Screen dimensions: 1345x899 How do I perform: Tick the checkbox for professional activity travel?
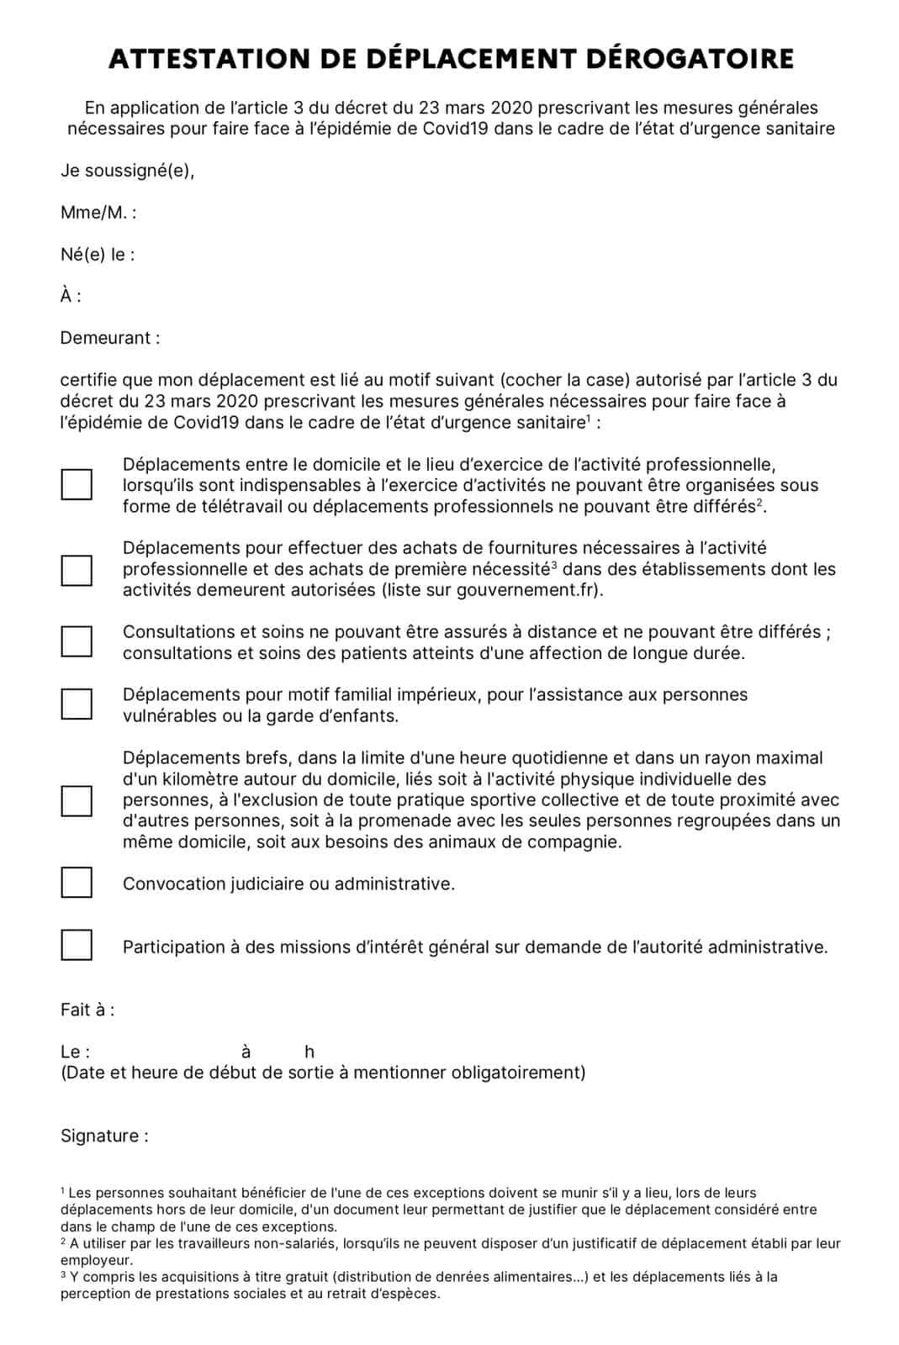[77, 485]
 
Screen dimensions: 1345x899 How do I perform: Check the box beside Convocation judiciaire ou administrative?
[77, 883]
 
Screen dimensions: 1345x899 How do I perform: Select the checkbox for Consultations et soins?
[77, 641]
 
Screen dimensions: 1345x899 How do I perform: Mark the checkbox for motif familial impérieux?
[77, 704]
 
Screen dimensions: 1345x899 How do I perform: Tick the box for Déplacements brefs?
[77, 800]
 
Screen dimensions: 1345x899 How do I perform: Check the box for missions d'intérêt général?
[77, 945]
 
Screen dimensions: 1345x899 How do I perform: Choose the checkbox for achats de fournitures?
[77, 570]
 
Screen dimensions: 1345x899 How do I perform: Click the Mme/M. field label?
[98, 213]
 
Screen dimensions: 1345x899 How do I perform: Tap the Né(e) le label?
[97, 255]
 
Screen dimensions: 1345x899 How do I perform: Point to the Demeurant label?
[109, 339]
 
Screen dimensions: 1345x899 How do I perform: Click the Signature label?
[103, 1137]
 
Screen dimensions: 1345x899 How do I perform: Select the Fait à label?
[87, 1010]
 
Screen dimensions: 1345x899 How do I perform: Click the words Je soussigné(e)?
[127, 171]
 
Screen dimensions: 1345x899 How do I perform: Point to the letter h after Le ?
[309, 1052]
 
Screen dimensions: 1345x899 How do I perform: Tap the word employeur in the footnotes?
[96, 1260]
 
